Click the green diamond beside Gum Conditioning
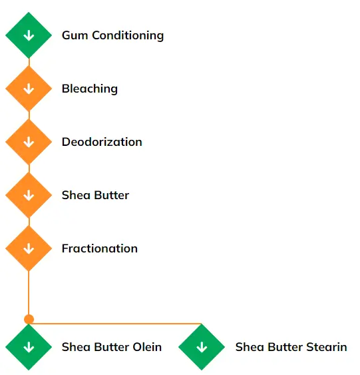(29, 35)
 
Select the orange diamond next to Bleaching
(29, 89)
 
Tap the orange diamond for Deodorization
(29, 142)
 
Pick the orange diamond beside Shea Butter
(29, 195)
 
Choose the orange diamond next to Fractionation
(29, 248)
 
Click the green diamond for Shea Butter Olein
(29, 347)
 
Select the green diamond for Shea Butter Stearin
(202, 347)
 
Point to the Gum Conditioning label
(112, 35)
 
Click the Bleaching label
(90, 89)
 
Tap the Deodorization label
(102, 142)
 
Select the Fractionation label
(100, 248)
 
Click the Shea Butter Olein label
(112, 347)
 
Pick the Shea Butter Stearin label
(291, 347)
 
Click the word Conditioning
(128, 35)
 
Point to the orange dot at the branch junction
(29, 319)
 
